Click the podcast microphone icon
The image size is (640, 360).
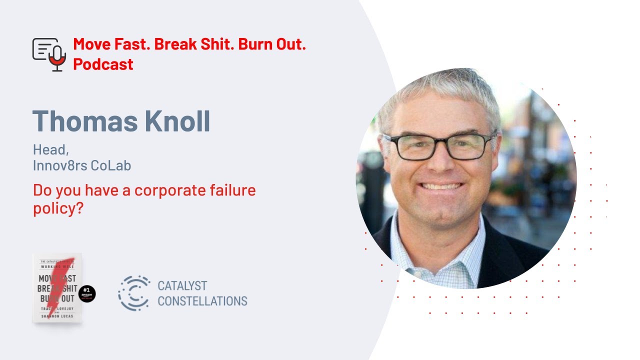pyautogui.click(x=49, y=54)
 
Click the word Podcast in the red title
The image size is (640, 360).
pyautogui.click(x=103, y=64)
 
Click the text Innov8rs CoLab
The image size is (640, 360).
pyautogui.click(x=82, y=166)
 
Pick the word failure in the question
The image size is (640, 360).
pyautogui.click(x=229, y=190)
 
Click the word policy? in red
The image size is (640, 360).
pyautogui.click(x=57, y=208)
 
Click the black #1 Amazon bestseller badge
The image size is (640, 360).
pyautogui.click(x=87, y=293)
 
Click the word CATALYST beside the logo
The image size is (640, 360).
pyautogui.click(x=182, y=286)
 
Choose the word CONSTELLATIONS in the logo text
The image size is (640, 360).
pyautogui.click(x=202, y=301)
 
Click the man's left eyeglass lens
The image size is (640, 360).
pyautogui.click(x=467, y=145)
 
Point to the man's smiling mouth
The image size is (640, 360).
pyautogui.click(x=441, y=187)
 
